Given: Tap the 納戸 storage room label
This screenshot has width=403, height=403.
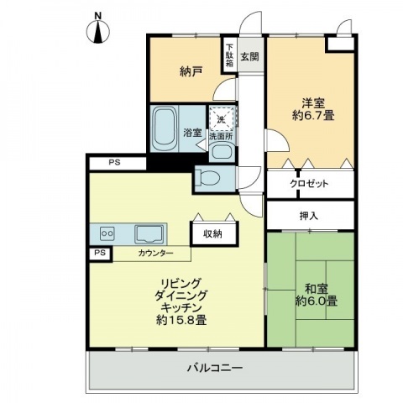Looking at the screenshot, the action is [191, 72].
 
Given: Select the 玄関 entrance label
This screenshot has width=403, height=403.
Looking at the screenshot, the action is [250, 57].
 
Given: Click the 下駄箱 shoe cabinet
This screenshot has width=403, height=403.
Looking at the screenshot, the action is [229, 55].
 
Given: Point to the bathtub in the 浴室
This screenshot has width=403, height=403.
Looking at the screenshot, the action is [164, 128].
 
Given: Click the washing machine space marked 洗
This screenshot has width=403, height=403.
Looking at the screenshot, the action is [222, 119].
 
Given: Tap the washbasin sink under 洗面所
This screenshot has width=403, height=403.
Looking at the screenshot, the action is [222, 151].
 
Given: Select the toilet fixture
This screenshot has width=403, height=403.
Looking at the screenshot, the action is [208, 178].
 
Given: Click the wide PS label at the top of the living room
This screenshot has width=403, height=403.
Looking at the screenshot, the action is [115, 162].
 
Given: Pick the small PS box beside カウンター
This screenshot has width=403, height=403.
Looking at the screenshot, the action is [101, 254].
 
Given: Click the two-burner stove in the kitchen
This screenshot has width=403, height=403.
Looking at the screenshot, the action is [107, 233].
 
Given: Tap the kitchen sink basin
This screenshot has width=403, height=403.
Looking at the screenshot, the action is [149, 234].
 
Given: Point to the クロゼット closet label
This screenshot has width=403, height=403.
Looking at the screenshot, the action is [309, 184].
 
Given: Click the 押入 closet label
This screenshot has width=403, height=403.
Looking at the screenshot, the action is [309, 216].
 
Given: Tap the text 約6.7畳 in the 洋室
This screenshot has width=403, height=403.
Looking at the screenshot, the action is [313, 115].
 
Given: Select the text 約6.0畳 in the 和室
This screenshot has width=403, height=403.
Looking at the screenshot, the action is [317, 301].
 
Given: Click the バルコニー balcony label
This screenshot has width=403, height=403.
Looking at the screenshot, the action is [215, 368].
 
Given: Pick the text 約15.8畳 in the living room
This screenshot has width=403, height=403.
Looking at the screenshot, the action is [181, 320].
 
